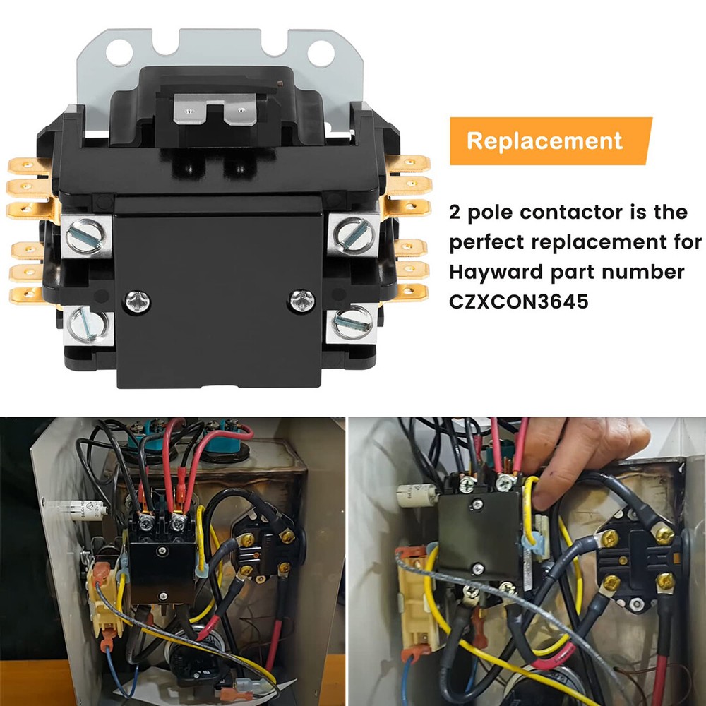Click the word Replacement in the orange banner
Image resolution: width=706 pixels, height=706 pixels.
point(544,140)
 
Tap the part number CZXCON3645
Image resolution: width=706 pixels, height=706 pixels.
point(518,301)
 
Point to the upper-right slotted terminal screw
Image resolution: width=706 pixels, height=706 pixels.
point(351,232)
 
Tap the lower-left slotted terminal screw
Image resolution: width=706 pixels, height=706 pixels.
point(88,324)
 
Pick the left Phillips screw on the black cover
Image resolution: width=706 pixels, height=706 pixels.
point(137,301)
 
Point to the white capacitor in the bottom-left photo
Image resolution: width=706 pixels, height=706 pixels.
point(78,507)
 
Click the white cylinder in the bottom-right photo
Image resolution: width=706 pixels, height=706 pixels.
point(413,493)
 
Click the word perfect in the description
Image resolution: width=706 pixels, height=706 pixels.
point(493,242)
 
